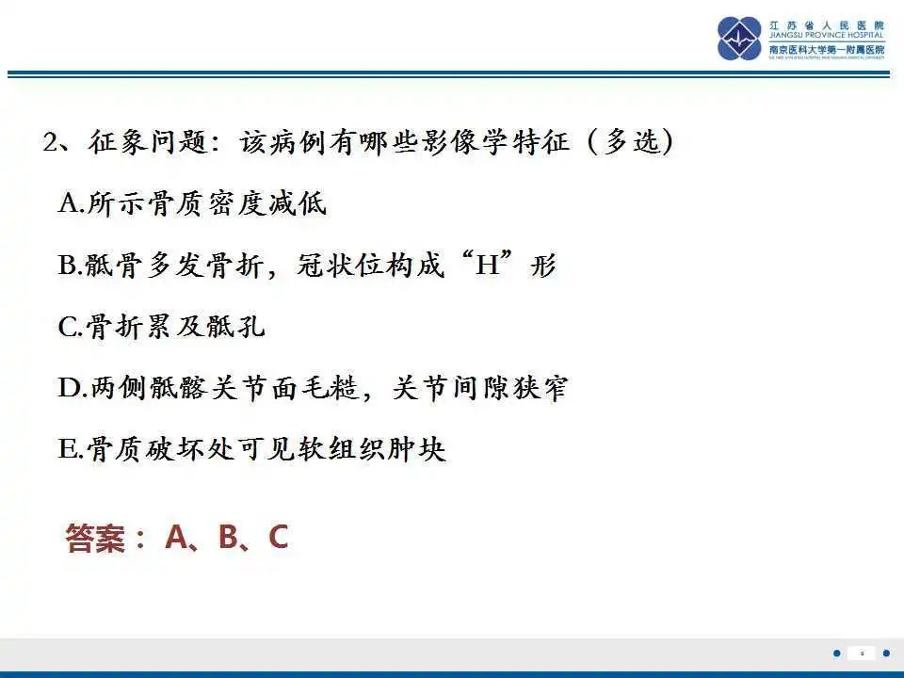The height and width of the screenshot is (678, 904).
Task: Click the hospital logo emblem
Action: (739, 38)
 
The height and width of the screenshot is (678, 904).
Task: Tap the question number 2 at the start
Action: (52, 143)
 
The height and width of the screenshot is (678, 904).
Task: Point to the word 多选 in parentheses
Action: (629, 143)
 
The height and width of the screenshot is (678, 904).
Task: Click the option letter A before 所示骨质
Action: (68, 203)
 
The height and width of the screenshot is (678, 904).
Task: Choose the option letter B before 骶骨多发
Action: (68, 266)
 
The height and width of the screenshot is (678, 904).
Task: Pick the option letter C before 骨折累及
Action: (68, 327)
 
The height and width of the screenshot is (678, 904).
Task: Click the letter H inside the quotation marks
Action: (486, 266)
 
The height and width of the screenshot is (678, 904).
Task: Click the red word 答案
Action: (94, 538)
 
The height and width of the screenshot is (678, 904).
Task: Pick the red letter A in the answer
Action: (176, 537)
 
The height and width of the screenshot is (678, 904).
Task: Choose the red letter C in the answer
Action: (278, 537)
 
